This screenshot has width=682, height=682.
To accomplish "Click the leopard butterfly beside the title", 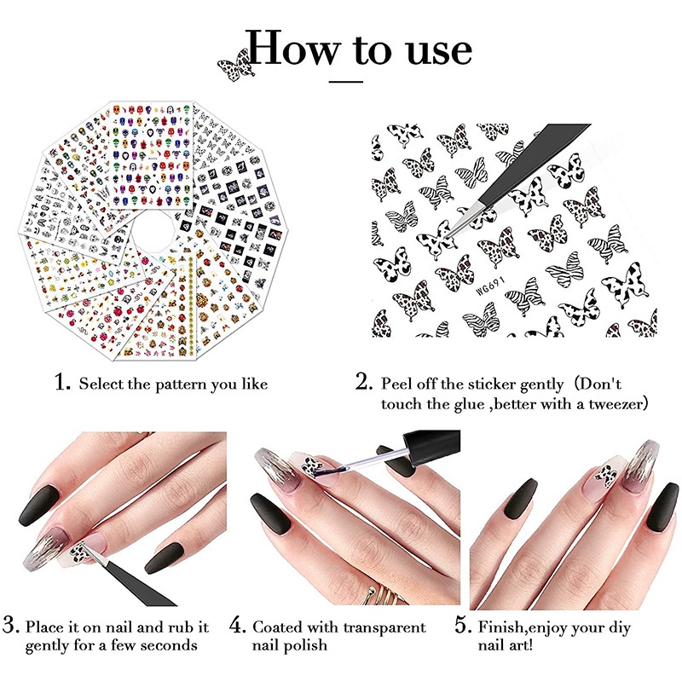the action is [x=235, y=66].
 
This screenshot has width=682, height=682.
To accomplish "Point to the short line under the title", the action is [x=346, y=81].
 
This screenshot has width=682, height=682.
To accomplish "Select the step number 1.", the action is [x=62, y=382].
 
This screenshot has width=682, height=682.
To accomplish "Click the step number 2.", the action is [x=364, y=382].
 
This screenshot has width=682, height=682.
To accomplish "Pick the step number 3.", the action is [x=11, y=625].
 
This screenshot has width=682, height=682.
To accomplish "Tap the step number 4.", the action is [x=239, y=625].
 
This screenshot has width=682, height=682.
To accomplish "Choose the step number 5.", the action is [x=464, y=625].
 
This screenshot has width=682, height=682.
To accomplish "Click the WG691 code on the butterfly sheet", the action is [x=491, y=286].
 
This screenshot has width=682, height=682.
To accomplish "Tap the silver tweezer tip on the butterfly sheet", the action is [x=462, y=221].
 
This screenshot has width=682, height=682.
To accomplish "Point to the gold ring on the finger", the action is [x=384, y=592].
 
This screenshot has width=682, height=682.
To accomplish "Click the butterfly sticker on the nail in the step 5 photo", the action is [x=607, y=476].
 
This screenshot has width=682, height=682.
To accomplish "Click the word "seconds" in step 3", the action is [x=169, y=645].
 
